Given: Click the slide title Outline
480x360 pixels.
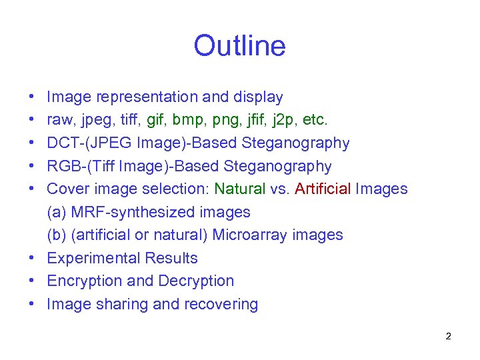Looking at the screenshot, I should coord(239,46).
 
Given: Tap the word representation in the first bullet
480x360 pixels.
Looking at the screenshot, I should coord(147,97).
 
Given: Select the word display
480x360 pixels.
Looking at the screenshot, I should coord(257,97).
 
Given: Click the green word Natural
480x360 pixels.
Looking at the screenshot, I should coord(239,189).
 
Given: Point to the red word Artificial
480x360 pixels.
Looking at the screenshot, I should coord(323,189).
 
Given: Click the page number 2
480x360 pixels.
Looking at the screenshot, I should coord(448,336).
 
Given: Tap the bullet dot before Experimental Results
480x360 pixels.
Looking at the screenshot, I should coord(33,259).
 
